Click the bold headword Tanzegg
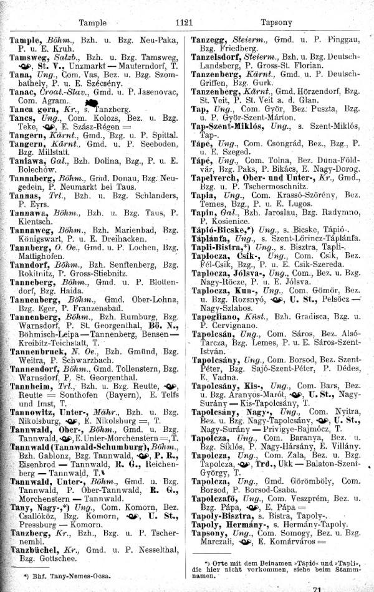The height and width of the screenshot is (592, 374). (x=212, y=39)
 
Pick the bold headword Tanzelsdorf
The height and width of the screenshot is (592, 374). (x=219, y=55)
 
